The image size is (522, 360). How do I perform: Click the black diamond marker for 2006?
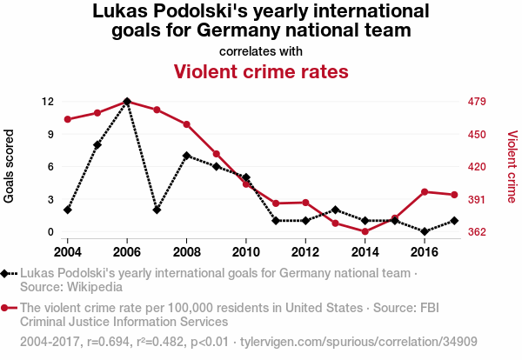(x=127, y=102)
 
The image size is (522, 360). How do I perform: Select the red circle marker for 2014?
(x=365, y=231)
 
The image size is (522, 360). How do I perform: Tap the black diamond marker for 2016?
(x=425, y=231)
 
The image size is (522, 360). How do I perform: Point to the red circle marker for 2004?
(x=67, y=119)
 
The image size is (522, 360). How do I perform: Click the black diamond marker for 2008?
(x=186, y=156)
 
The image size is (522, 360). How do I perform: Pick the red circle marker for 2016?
(x=425, y=191)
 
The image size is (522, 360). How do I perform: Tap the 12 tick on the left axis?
(x=49, y=102)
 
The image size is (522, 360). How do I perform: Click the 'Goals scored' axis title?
(x=10, y=166)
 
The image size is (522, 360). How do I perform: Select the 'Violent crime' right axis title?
(x=512, y=166)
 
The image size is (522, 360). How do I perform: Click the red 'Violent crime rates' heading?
(x=261, y=70)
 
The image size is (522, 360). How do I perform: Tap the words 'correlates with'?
(x=261, y=50)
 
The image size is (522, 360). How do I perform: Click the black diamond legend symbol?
(x=7, y=273)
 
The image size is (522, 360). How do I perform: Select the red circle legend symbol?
(x=7, y=308)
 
